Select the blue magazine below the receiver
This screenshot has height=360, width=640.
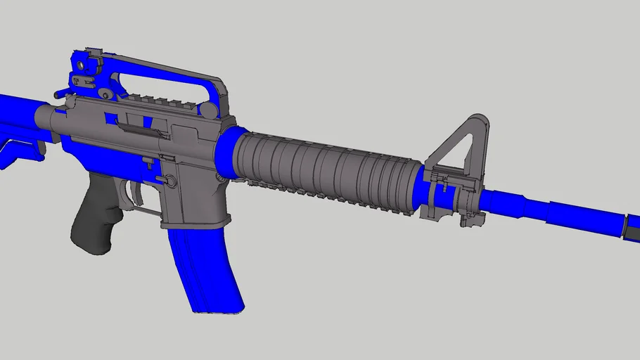[x=205, y=267]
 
